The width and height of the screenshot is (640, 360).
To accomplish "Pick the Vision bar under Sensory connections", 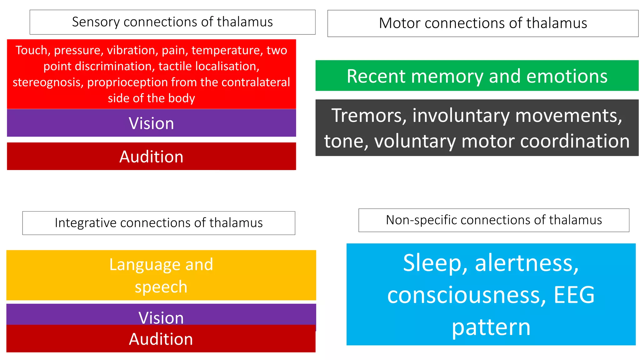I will [151, 123].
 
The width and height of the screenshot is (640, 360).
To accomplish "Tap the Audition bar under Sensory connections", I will [151, 157].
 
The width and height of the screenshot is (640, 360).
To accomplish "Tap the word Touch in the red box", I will [31, 50].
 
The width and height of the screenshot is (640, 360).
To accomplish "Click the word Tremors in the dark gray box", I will [369, 115].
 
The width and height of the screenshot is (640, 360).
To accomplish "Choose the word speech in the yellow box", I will [161, 287].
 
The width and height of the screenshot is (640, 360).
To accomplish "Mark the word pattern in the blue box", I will [491, 327].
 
